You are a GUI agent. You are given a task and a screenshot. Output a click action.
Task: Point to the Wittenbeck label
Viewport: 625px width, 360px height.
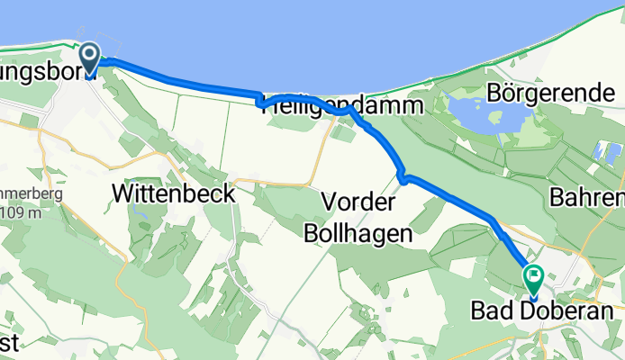coord(173,193)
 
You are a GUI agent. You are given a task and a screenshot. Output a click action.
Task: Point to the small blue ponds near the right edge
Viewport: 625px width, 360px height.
coord(605,153)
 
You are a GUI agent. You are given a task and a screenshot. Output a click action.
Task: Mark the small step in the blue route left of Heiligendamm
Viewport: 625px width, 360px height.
coord(260,100)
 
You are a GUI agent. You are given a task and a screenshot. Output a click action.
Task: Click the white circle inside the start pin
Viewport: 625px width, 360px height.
coord(91,54)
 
